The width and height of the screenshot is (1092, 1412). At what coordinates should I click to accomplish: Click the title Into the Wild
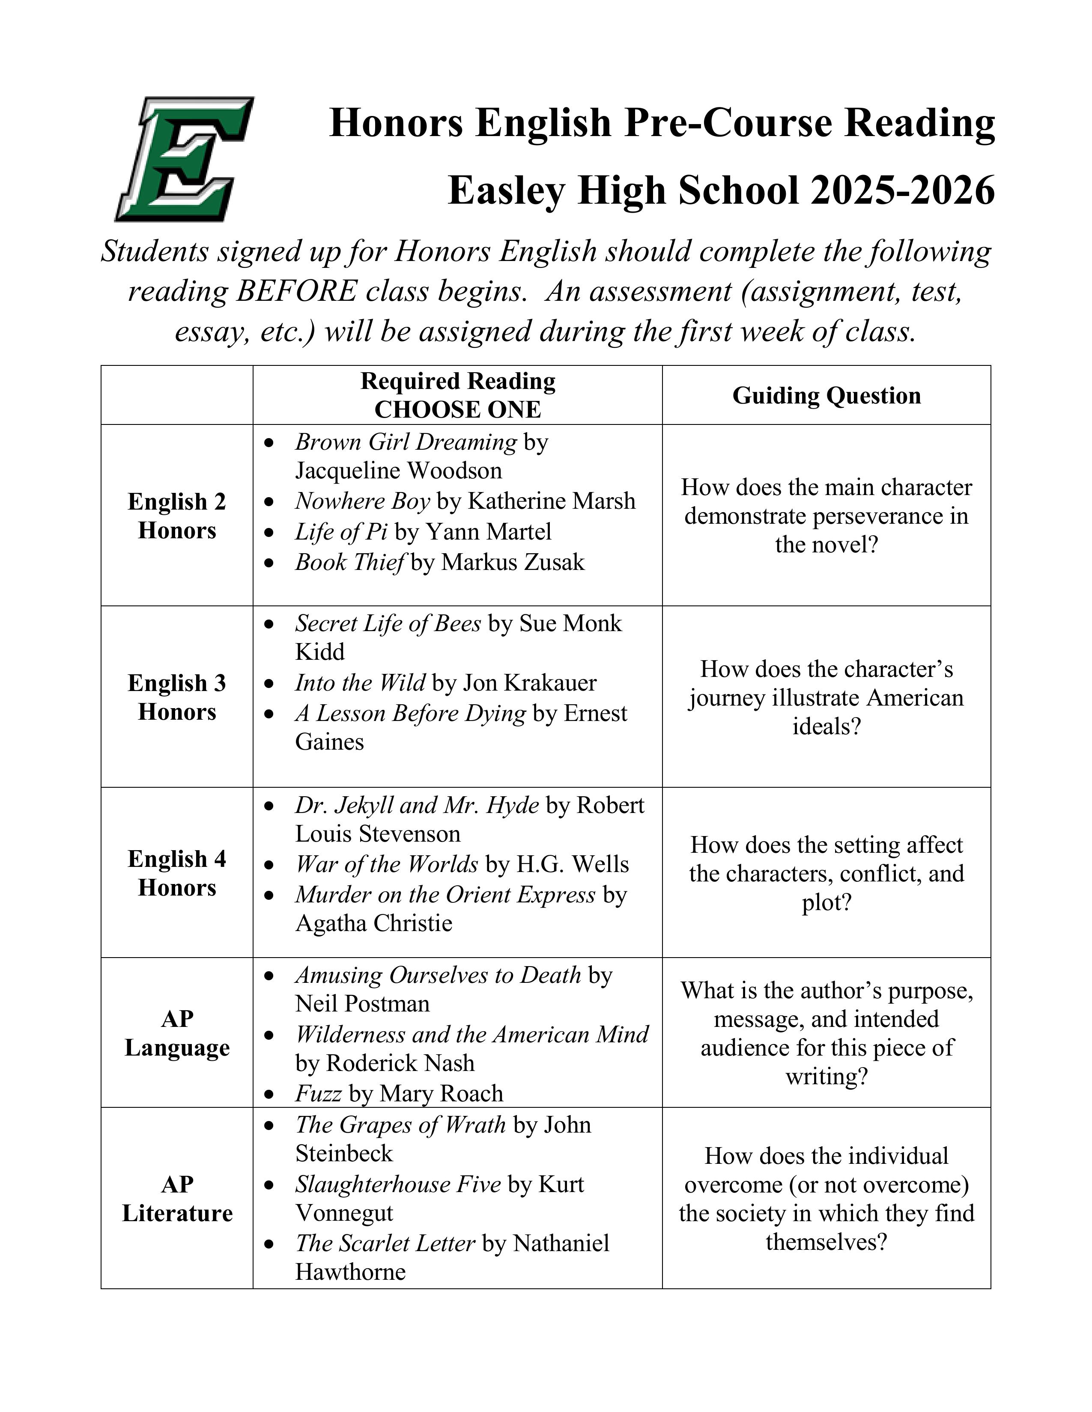(360, 683)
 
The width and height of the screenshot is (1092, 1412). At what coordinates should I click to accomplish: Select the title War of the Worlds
(386, 864)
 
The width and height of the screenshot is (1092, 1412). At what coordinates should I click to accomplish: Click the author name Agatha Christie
(373, 923)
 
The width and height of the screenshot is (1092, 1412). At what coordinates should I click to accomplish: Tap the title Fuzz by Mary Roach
(318, 1093)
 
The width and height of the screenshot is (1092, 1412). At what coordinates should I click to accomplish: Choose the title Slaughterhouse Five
(398, 1184)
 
